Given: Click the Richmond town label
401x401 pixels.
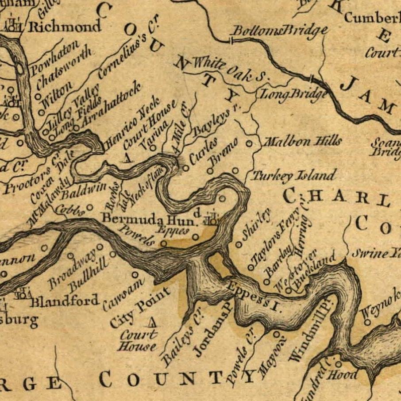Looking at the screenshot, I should [65, 27].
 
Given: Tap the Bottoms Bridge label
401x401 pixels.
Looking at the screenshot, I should [280, 31].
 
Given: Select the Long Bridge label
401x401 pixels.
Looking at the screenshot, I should [293, 94].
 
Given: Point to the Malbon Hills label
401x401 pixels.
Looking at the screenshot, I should [303, 142].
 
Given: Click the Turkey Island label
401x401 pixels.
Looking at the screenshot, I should [294, 176].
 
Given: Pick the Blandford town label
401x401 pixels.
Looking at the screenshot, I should [65, 302].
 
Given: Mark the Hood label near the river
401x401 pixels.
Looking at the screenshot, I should [349, 375].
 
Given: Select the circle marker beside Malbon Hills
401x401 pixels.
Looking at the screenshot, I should [249, 143].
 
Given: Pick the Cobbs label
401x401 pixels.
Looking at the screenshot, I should [72, 211].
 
